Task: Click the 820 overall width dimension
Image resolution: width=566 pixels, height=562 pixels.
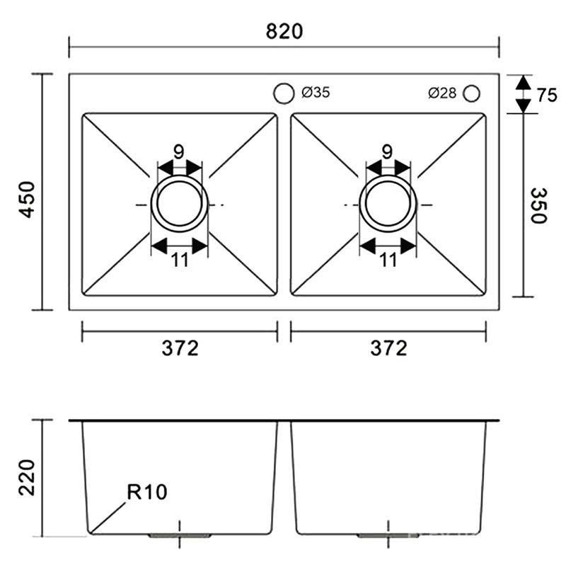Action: (284, 31)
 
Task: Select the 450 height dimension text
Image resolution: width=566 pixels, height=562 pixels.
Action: (27, 200)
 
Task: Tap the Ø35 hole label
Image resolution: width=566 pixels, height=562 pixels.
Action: (316, 93)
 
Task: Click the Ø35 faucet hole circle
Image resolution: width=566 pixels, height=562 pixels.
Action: (284, 93)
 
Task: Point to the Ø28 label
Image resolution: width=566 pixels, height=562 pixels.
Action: (442, 93)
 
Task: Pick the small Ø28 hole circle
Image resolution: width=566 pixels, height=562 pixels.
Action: (471, 93)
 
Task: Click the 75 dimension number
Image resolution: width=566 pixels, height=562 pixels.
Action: (546, 96)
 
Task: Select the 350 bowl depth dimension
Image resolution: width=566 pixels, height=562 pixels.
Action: (539, 205)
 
